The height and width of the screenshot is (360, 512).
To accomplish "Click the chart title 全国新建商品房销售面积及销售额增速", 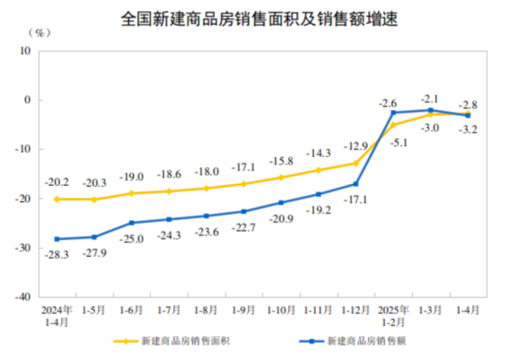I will click(x=256, y=15).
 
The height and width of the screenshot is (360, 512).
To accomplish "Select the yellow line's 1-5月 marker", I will click(x=94, y=200).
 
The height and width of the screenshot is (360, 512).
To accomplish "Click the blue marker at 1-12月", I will click(x=356, y=184).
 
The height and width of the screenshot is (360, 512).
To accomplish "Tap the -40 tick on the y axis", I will click(x=23, y=297).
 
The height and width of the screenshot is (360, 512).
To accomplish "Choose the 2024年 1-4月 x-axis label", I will click(x=55, y=317).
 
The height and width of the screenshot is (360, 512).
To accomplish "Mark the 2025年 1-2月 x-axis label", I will click(x=393, y=317).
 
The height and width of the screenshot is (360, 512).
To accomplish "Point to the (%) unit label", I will click(x=39, y=32).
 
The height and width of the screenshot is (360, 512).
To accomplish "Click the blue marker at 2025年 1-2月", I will click(x=393, y=113).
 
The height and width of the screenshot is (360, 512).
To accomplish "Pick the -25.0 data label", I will click(x=132, y=238).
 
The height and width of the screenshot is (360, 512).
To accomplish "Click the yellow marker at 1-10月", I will click(x=281, y=177).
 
